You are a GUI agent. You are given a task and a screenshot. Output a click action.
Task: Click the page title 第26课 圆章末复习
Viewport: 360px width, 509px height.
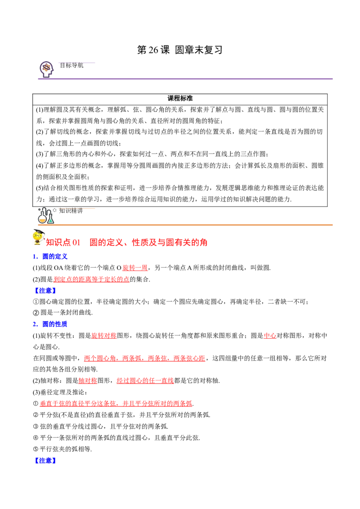[180, 50]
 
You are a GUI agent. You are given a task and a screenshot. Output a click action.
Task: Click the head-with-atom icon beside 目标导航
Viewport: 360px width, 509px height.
[46, 69]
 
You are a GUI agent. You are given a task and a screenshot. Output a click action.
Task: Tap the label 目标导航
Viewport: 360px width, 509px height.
[72, 65]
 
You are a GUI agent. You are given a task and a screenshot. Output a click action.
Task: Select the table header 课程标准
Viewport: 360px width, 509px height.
[180, 98]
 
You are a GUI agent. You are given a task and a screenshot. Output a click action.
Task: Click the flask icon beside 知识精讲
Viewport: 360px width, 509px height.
[46, 215]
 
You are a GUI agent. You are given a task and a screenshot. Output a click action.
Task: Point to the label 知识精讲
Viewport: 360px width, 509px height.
[71, 211]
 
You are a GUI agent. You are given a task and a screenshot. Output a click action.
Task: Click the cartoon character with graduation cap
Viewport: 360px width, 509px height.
[39, 237]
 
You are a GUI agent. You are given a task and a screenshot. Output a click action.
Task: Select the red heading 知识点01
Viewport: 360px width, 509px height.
[63, 242]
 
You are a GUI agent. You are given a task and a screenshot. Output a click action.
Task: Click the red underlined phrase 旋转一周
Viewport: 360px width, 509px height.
[135, 268]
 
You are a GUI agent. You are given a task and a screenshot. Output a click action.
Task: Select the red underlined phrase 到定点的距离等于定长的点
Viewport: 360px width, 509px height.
[91, 279]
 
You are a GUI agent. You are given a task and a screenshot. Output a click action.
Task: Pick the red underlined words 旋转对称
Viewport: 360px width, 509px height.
[104, 335]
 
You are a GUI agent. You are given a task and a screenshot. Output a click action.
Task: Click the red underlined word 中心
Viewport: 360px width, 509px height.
[270, 335]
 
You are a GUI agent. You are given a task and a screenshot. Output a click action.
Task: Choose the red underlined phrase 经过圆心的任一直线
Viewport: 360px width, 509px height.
[145, 381]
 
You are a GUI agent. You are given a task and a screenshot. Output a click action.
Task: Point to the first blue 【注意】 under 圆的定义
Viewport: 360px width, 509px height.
[45, 290]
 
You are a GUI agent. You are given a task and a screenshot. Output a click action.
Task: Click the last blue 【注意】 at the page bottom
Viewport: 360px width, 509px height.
[45, 460]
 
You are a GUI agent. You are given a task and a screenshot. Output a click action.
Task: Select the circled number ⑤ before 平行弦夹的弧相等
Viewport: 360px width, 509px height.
[36, 449]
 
